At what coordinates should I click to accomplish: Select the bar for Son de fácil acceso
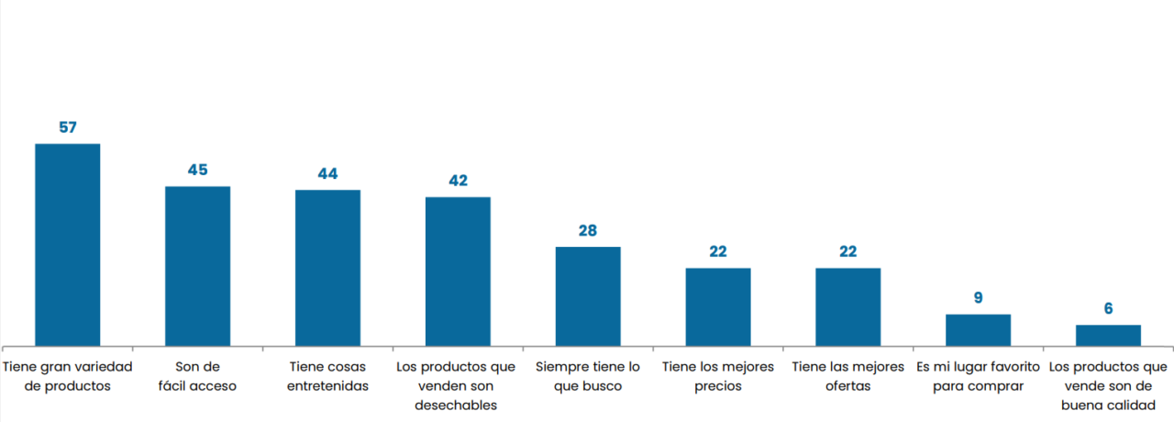click(197, 266)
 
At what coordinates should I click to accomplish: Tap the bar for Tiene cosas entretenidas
click(327, 268)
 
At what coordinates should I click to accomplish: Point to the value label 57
click(67, 128)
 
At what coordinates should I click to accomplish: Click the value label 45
click(197, 170)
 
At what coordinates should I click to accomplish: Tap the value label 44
click(327, 173)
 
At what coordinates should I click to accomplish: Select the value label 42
click(458, 181)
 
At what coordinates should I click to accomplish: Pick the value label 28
click(588, 230)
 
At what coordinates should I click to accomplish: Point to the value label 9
click(978, 297)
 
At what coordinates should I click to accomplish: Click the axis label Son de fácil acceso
click(197, 376)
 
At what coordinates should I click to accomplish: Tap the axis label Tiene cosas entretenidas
click(327, 376)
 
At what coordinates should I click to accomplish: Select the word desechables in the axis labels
click(458, 405)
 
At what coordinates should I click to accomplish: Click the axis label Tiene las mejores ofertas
click(848, 376)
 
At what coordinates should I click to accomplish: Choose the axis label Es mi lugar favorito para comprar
click(978, 376)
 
